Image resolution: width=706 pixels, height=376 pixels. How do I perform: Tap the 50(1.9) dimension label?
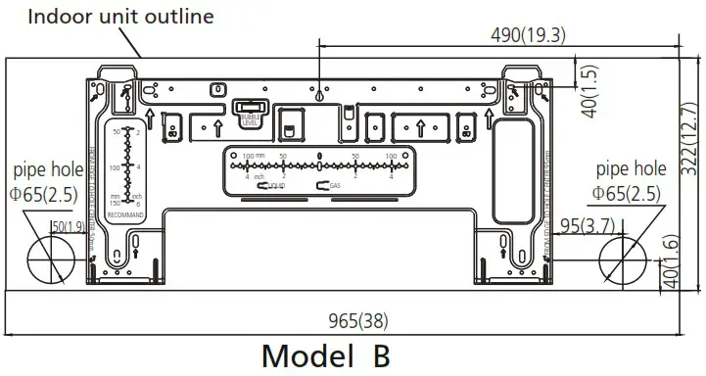(68, 228)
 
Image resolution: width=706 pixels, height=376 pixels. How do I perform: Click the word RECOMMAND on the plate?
(125, 212)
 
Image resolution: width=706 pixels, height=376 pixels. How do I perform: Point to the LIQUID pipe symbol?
(269, 184)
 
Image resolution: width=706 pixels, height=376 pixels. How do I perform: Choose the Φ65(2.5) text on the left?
(45, 194)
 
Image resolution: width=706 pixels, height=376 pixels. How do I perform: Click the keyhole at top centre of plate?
(321, 95)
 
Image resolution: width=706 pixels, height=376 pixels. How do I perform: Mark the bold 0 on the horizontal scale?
(320, 156)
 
